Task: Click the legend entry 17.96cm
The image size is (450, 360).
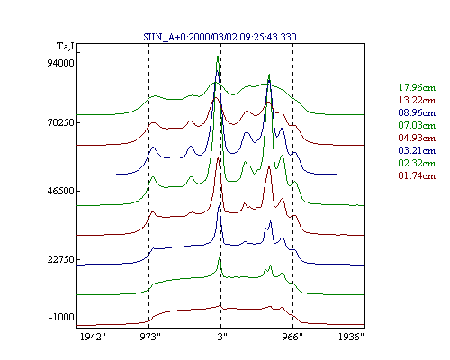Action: coord(417,87)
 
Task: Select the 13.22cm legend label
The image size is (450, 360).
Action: coord(417,100)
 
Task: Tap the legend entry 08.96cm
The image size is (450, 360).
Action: coord(417,112)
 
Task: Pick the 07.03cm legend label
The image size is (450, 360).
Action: coord(417,125)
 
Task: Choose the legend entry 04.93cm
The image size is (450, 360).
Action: coord(417,138)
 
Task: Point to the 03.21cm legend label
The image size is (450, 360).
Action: coord(417,150)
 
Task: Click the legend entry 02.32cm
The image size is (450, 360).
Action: coord(417,163)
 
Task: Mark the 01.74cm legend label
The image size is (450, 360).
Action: coord(417,175)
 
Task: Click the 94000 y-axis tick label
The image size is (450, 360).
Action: coord(60,63)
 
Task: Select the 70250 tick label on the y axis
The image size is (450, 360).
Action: coord(60,122)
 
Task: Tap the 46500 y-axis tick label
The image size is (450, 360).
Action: coord(60,191)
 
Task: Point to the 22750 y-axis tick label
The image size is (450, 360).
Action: coord(60,259)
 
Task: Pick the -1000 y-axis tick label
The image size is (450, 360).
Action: coord(61,317)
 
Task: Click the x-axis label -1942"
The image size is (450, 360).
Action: coord(91,337)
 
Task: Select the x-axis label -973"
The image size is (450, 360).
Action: coord(148,337)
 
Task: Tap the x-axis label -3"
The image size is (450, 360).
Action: coord(220,337)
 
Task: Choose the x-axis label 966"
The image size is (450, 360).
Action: coord(292,337)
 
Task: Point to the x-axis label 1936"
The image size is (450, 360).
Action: coord(351,337)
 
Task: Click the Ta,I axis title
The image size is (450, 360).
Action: coord(66,47)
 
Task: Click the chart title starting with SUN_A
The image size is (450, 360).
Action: coord(220,37)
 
